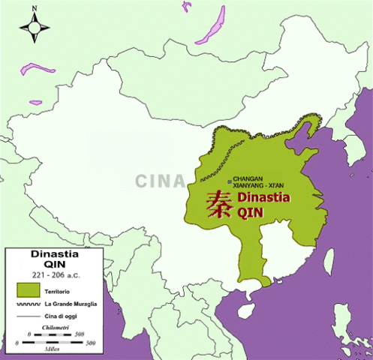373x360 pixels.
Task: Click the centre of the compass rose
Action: tap(35, 29)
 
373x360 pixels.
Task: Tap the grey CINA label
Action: tap(161, 181)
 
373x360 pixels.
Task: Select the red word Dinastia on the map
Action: tap(263, 198)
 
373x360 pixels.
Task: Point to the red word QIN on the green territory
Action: tap(251, 212)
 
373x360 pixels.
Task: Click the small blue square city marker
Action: tap(230, 181)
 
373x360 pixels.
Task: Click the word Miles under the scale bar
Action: tap(55, 349)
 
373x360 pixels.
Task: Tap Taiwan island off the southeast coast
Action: tap(329, 259)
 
